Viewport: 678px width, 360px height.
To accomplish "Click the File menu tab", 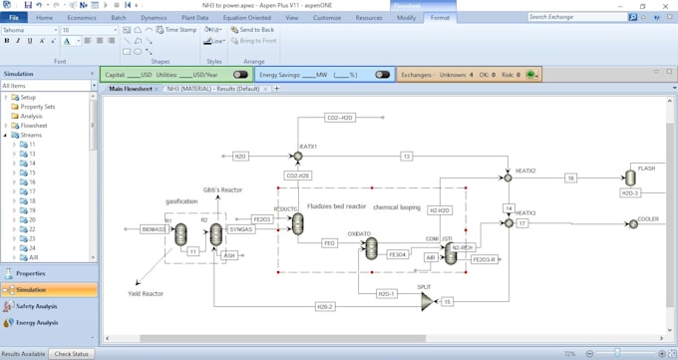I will click(x=14, y=17).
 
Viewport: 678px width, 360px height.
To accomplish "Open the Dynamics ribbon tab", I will click(x=154, y=17).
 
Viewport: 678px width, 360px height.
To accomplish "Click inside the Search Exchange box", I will click(x=576, y=17).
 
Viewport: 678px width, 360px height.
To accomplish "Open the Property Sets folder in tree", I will click(x=37, y=107).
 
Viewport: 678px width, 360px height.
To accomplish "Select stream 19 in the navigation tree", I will click(x=32, y=210).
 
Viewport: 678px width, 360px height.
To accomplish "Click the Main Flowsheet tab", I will click(x=131, y=89).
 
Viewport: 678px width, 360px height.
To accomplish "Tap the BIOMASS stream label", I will click(x=155, y=228).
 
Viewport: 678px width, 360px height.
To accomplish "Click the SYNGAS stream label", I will click(x=241, y=228).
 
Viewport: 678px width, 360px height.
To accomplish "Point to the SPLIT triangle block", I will click(x=426, y=300).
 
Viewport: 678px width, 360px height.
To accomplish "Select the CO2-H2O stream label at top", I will click(x=340, y=118).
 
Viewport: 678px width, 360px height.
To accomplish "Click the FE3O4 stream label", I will click(x=397, y=254).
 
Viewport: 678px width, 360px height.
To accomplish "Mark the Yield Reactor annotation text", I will click(x=146, y=294).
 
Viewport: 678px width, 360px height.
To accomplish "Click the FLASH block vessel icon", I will click(x=630, y=178).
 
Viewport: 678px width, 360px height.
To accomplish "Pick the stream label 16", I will click(x=570, y=178).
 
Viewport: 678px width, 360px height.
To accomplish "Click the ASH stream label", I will click(x=229, y=255).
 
